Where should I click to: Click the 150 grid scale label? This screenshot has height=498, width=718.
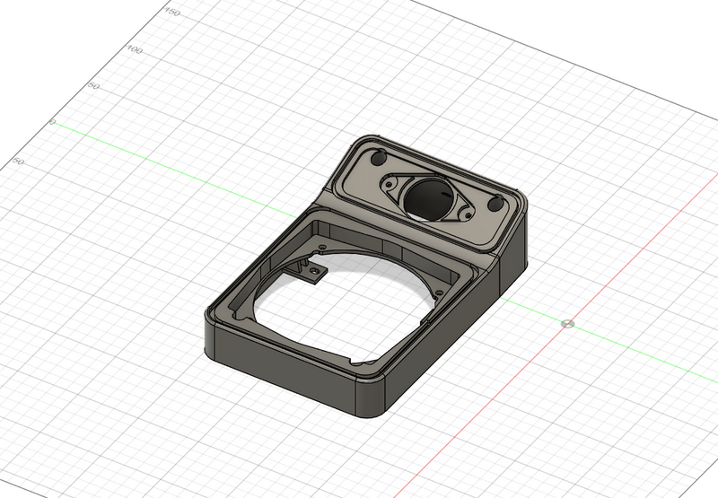[x=173, y=13]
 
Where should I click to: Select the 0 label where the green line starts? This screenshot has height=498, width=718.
[x=52, y=122]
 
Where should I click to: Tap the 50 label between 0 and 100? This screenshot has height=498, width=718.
[x=92, y=87]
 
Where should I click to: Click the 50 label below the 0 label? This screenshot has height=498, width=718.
[x=17, y=162]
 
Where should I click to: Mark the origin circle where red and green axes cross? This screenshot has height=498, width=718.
[x=566, y=323]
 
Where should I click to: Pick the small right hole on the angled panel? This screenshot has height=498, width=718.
[x=495, y=205]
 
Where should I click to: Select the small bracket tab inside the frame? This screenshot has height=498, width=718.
[x=312, y=271]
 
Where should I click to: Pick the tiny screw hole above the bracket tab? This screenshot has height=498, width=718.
[x=320, y=245]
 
